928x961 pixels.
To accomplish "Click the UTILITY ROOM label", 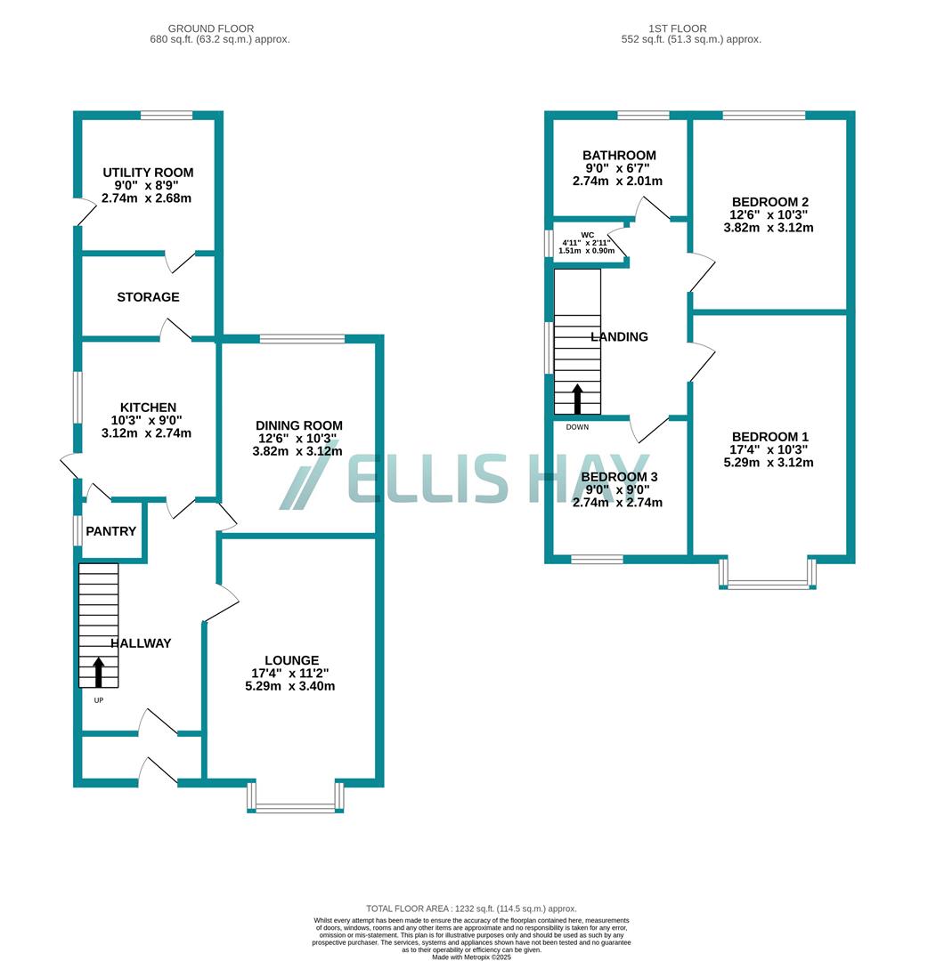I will click(148, 173).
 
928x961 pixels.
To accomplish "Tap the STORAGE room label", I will click(148, 297).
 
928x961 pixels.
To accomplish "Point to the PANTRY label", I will click(111, 531).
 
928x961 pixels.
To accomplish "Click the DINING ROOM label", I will click(298, 425).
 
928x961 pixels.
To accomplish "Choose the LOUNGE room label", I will click(290, 660).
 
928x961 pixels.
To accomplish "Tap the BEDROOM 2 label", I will click(770, 201).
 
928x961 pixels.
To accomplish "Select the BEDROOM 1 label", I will click(769, 437).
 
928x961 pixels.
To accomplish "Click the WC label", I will click(587, 236).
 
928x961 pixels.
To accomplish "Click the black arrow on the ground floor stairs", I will click(98, 672).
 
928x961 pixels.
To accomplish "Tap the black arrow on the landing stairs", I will click(577, 399).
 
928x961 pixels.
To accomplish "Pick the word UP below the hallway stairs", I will click(98, 700).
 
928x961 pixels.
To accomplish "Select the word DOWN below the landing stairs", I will click(577, 427).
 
